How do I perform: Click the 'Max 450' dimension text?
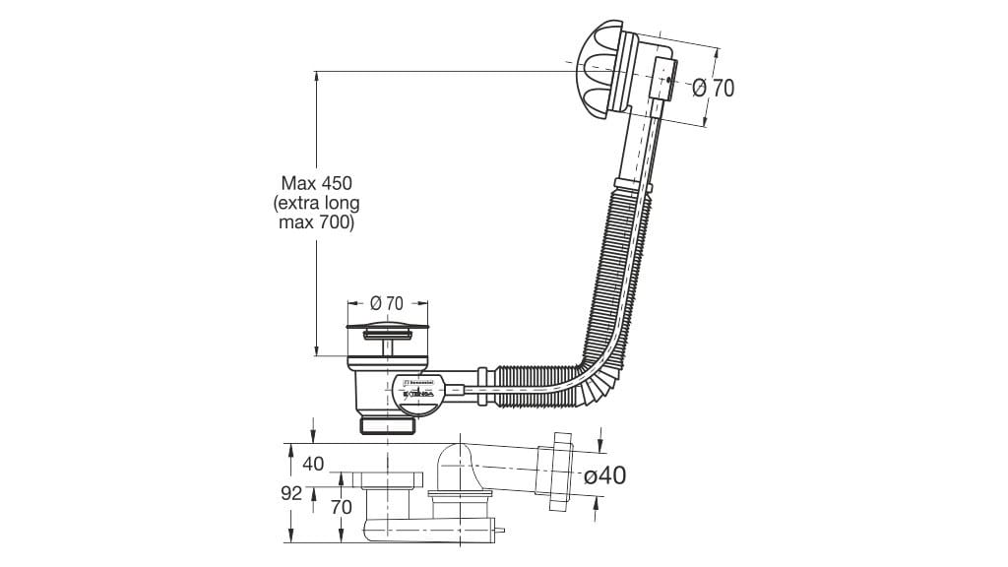[316, 183]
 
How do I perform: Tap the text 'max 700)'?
[316, 223]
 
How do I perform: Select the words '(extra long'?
[316, 204]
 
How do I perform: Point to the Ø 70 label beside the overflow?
[714, 88]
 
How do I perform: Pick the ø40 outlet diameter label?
[604, 475]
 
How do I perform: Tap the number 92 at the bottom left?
[290, 494]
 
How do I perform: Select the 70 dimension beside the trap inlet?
[341, 509]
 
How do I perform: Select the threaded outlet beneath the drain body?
[388, 424]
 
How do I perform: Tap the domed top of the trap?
[455, 458]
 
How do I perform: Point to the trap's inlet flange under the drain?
[387, 481]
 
